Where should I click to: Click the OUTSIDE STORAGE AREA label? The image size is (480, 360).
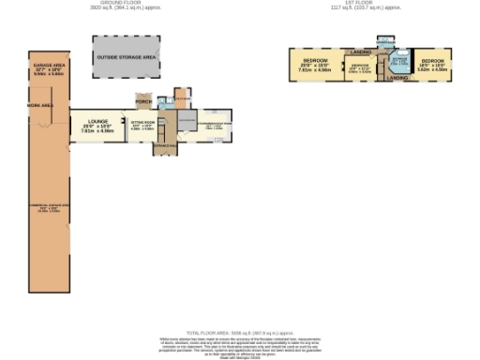click(x=127, y=58)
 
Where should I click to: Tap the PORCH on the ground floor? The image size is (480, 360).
click(x=143, y=101)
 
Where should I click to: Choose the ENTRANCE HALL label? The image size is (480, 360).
click(x=165, y=146)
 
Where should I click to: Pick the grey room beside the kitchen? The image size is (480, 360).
click(x=185, y=122)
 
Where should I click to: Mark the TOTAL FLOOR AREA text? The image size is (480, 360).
click(x=240, y=332)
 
